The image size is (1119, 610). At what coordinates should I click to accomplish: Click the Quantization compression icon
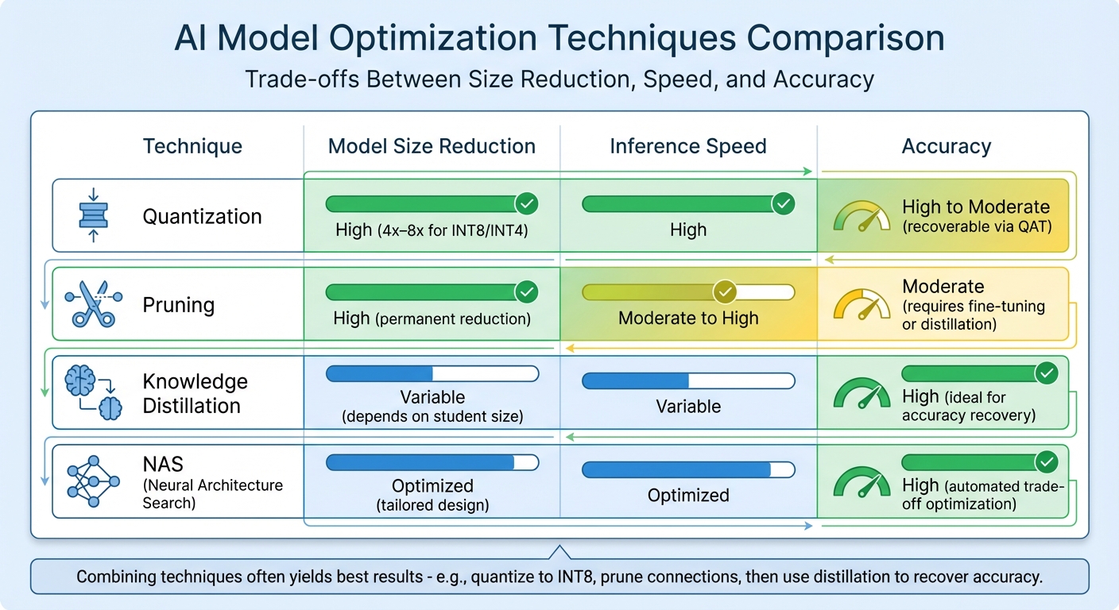click(x=94, y=215)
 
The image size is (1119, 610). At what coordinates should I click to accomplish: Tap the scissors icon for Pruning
click(x=94, y=304)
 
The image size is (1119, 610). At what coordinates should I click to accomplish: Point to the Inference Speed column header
click(x=688, y=146)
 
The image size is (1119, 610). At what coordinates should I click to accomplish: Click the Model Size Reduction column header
click(x=432, y=146)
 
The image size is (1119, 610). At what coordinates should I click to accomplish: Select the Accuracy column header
click(x=946, y=146)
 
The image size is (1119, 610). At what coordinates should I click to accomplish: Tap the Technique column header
click(x=192, y=146)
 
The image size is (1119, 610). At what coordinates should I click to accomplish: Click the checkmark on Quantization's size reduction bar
click(x=526, y=204)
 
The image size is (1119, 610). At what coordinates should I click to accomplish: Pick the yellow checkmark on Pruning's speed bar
click(x=724, y=292)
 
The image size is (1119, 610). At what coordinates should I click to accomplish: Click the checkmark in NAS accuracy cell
click(x=1047, y=461)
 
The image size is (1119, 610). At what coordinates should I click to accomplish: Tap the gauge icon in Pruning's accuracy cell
click(x=862, y=305)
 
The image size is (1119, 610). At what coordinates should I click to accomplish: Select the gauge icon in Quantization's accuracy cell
click(x=862, y=216)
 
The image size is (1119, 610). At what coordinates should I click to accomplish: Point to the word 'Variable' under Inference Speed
click(x=688, y=406)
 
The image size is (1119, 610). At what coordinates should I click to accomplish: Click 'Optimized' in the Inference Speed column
click(x=688, y=495)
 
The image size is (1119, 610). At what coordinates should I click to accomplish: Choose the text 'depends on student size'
click(x=432, y=416)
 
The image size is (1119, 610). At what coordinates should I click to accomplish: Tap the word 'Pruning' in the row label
click(x=178, y=305)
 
